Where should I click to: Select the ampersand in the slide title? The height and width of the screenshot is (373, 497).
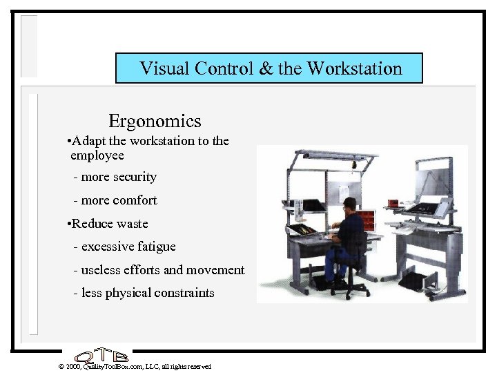(265, 68)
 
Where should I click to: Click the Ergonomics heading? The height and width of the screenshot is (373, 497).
(155, 121)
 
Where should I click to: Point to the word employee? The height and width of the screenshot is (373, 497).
(97, 155)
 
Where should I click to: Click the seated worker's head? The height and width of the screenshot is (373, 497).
(350, 205)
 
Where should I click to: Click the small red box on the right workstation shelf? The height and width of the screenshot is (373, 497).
(393, 202)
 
